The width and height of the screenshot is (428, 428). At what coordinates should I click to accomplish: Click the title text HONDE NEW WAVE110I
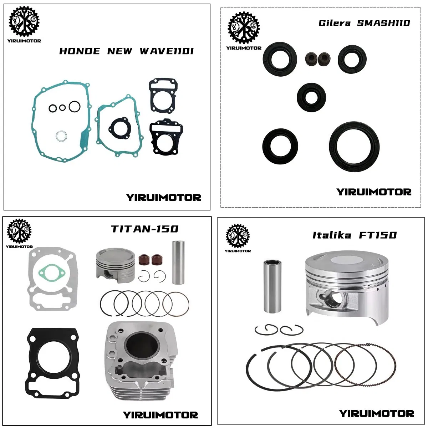pos(126,51)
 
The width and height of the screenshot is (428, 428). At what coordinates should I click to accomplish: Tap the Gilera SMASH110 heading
pos(364,23)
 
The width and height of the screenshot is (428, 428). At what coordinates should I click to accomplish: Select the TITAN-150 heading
pos(144,229)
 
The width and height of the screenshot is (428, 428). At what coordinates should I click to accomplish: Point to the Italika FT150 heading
pos(355,235)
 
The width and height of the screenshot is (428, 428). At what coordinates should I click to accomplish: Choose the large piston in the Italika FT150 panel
pos(344,285)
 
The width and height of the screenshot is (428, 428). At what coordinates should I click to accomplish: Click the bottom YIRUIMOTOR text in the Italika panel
pos(376,414)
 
